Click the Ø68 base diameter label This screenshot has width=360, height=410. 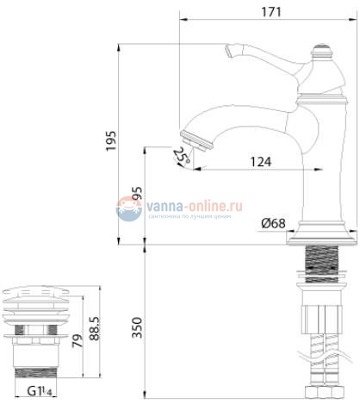pos(274,224)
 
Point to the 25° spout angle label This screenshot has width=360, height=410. pos(180,157)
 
